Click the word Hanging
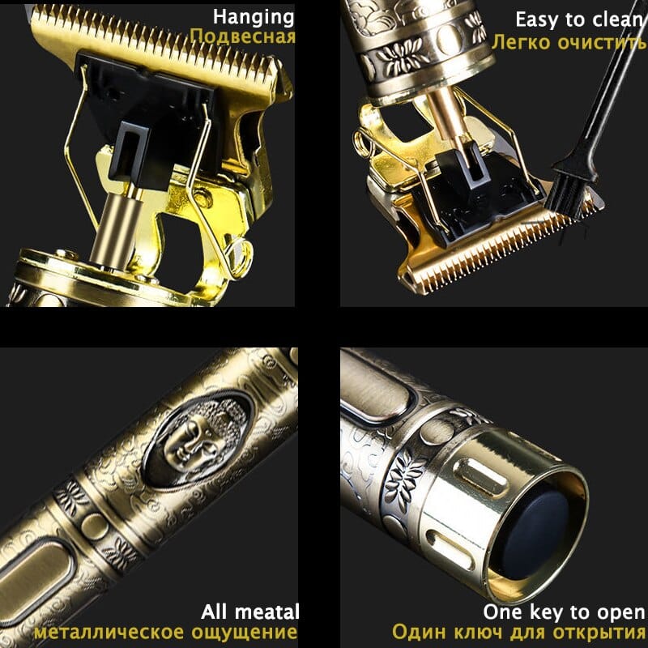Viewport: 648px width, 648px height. click(254, 17)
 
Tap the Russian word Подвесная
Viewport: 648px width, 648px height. click(242, 37)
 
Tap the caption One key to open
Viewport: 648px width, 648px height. click(564, 612)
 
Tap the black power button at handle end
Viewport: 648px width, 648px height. click(531, 526)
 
